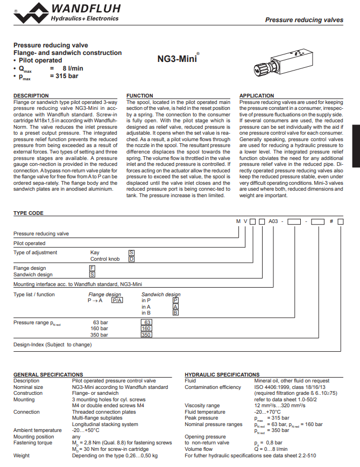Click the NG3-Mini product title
(178, 57)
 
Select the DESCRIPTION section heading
(31, 96)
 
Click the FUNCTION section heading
(139, 96)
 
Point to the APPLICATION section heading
(257, 96)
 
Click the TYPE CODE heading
(28, 213)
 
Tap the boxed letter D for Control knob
(131, 259)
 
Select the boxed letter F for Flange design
(92, 268)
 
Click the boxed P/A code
(117, 301)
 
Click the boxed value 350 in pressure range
(146, 334)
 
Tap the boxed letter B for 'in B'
(175, 312)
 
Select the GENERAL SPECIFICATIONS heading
(48, 374)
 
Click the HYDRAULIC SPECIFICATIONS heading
(222, 374)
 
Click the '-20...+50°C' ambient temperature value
(86, 430)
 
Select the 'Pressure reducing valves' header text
(304, 20)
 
